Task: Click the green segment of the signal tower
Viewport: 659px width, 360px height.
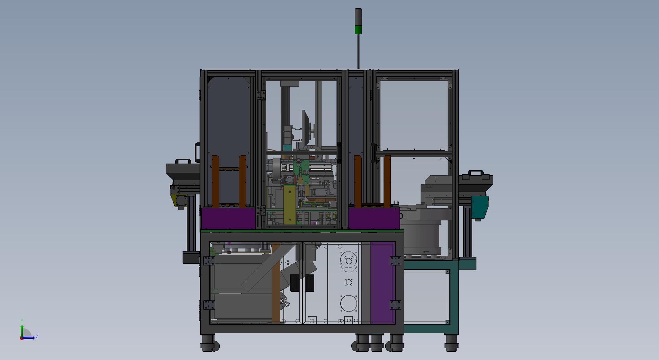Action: point(358,29)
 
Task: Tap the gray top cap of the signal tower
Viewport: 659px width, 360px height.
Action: point(358,12)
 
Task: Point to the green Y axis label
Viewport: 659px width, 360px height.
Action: point(22,321)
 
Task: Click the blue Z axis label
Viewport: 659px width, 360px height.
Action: point(37,336)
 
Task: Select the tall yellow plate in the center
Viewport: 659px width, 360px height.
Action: point(289,204)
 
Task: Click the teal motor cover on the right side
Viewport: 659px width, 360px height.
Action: point(480,207)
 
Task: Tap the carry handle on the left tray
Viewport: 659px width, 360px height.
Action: point(183,161)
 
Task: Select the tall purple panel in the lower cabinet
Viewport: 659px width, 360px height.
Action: point(383,283)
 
